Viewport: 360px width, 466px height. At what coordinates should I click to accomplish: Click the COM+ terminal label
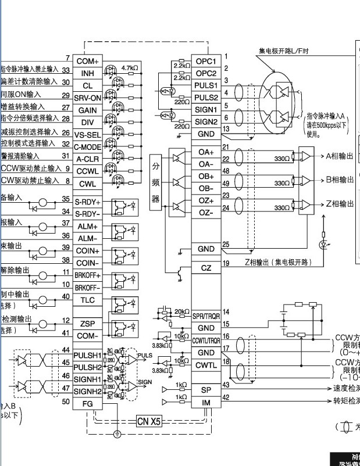click(x=87, y=61)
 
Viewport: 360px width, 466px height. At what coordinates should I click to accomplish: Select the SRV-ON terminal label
click(x=87, y=97)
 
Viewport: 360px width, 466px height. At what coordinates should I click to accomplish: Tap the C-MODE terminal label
click(x=87, y=146)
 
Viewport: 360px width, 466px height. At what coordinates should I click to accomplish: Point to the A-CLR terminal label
click(x=87, y=159)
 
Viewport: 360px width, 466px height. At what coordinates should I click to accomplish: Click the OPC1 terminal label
click(x=206, y=61)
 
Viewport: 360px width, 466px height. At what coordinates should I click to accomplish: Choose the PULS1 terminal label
click(x=206, y=85)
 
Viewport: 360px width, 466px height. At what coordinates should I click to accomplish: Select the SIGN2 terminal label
click(x=206, y=122)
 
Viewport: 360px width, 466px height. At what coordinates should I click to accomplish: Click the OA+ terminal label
click(x=206, y=152)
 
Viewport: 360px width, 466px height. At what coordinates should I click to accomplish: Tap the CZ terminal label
click(x=206, y=268)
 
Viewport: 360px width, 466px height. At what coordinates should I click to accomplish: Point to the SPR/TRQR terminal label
click(x=206, y=315)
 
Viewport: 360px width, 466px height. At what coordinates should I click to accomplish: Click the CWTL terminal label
click(x=206, y=365)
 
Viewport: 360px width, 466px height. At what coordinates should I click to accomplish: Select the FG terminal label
click(x=87, y=402)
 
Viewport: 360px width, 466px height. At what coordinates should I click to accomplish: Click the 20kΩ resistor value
click(x=181, y=312)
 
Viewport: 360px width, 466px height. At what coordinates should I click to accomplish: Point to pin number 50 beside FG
click(x=66, y=402)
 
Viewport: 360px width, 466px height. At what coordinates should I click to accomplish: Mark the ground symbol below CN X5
click(x=117, y=433)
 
